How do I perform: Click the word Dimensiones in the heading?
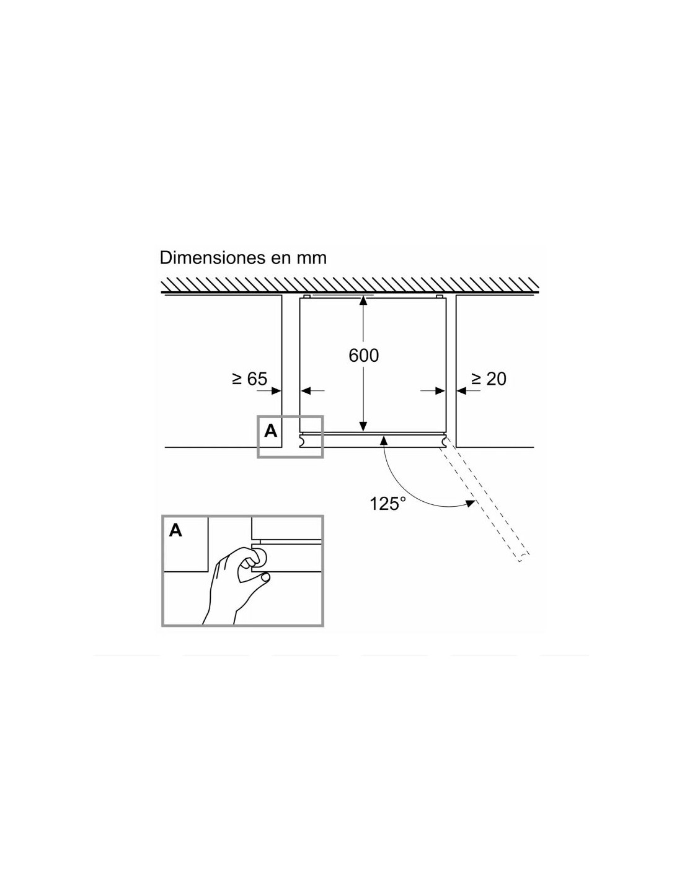click(x=210, y=258)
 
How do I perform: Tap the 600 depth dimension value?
click(x=363, y=355)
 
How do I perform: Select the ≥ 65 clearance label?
click(x=249, y=379)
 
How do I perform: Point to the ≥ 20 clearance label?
click(x=489, y=379)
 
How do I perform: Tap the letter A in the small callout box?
click(x=270, y=431)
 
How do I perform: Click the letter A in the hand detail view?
click(x=175, y=530)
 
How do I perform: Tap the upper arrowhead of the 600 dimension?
click(x=363, y=300)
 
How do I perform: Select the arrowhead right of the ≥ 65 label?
click(x=277, y=391)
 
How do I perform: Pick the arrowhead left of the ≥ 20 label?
click(x=461, y=391)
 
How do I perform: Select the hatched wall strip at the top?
click(x=350, y=285)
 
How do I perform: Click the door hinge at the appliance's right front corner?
click(x=445, y=440)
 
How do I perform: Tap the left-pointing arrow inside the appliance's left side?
click(x=312, y=391)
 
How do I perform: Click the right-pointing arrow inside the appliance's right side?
click(x=433, y=391)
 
